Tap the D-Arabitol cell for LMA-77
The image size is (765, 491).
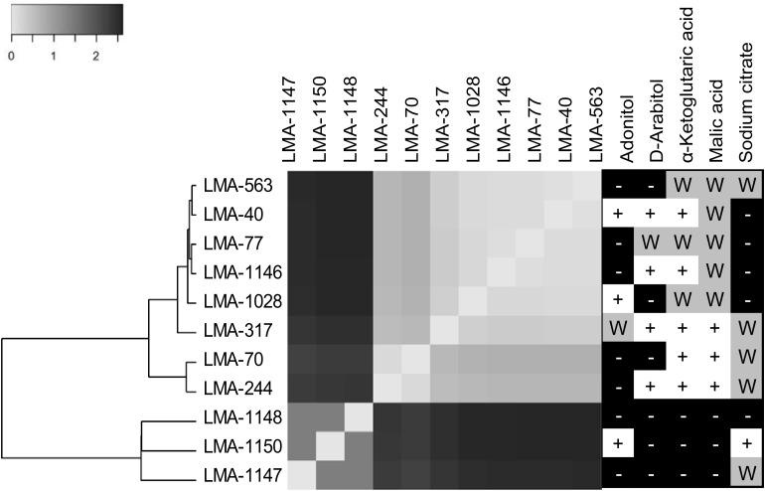[x=650, y=242]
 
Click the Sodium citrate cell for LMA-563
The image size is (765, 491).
[x=747, y=185]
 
